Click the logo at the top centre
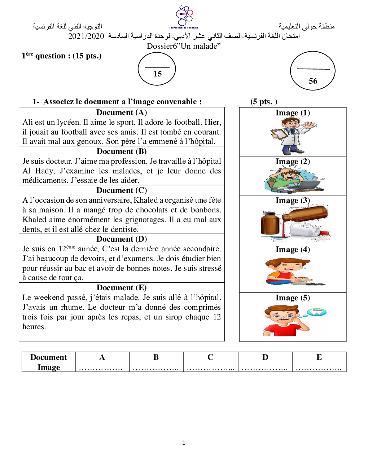(x=184, y=17)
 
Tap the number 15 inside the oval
(x=158, y=74)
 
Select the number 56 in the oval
(x=313, y=81)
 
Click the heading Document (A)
(x=122, y=113)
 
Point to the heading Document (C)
(x=122, y=190)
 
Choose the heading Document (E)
(x=122, y=288)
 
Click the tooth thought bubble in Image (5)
(x=317, y=312)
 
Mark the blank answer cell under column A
(x=102, y=367)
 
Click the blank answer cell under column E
(x=319, y=367)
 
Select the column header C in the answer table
(x=210, y=357)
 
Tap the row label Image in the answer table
(x=49, y=367)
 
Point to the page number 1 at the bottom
(x=184, y=443)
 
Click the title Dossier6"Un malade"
(x=184, y=46)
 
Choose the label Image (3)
(x=293, y=200)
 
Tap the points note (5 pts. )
(x=264, y=102)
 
